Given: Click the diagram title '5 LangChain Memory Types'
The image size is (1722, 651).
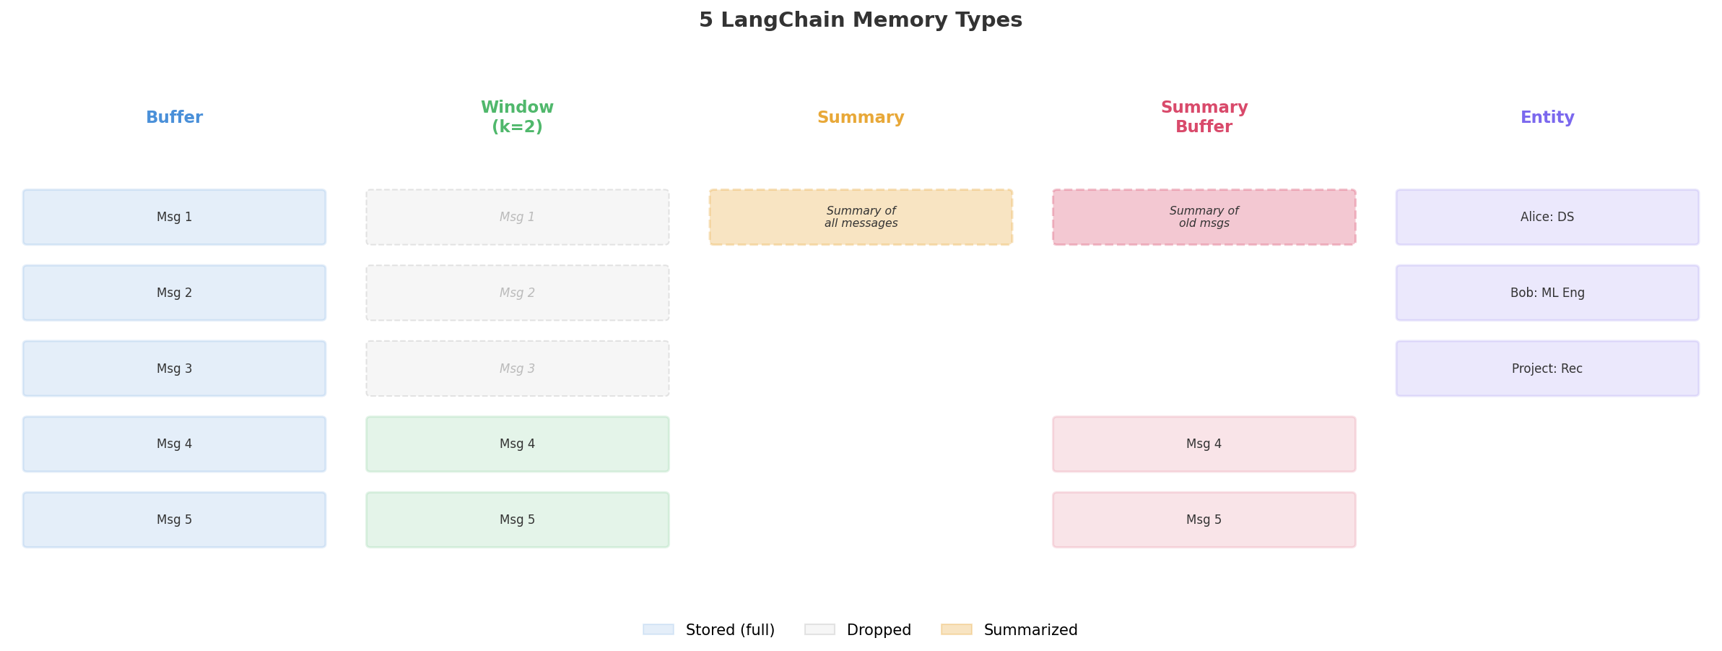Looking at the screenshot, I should tap(860, 20).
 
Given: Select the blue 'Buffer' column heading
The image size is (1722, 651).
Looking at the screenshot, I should tap(174, 118).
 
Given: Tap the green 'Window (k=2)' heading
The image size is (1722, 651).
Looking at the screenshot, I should tap(517, 117).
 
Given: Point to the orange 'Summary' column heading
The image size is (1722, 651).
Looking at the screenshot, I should tap(860, 118).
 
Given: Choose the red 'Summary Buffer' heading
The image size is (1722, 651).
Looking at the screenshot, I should tap(1204, 117).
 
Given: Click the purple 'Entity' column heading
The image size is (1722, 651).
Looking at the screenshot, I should tap(1547, 118).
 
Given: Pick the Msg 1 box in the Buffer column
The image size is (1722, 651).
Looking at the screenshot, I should tap(174, 217).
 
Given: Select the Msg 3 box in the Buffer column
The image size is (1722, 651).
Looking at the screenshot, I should tap(174, 368).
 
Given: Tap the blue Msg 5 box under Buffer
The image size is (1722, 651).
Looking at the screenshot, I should tap(174, 520).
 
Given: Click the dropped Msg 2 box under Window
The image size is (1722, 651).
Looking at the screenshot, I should tap(517, 293).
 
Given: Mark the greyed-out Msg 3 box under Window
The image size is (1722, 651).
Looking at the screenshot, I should tap(517, 368).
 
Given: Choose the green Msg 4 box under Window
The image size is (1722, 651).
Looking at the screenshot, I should tap(517, 444).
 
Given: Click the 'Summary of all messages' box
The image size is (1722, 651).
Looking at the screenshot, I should tap(860, 217).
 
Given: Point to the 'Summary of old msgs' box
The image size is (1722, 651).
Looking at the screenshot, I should tap(1204, 217).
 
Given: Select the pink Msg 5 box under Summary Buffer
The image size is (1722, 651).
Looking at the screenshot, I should tap(1204, 520).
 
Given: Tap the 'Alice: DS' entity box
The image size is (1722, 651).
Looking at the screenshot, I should tap(1547, 217).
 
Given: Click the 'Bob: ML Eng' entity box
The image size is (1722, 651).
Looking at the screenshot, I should tap(1547, 293).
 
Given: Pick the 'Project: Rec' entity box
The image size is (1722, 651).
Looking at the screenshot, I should tap(1547, 368).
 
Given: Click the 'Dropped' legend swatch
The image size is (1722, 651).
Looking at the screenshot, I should tap(819, 630).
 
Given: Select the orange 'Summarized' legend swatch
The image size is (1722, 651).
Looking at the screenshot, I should tap(956, 630).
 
